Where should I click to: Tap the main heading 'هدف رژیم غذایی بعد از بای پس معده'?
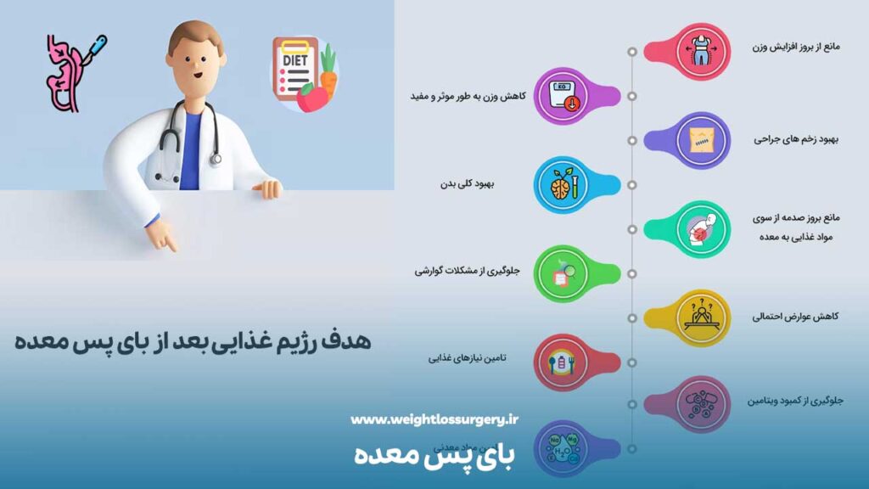194,342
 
